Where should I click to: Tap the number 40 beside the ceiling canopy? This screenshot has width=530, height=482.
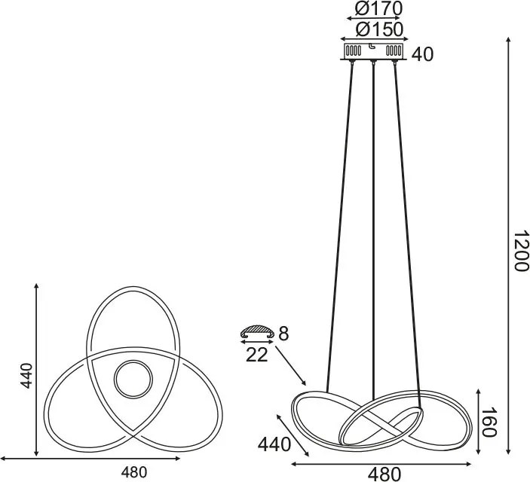[423, 54]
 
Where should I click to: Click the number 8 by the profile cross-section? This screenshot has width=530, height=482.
[283, 333]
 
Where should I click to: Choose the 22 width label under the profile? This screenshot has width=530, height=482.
[257, 355]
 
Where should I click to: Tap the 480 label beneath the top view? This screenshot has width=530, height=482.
[133, 472]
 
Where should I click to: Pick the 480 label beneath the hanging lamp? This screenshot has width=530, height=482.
[384, 474]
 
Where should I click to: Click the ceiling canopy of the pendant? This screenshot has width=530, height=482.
[374, 51]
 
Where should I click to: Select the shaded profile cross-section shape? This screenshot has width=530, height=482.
[257, 331]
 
